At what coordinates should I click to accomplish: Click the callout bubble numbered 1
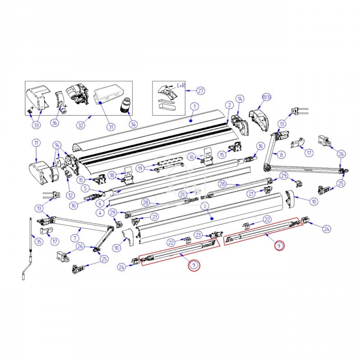(x=194, y=107)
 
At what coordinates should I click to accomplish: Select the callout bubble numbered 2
(x=229, y=105)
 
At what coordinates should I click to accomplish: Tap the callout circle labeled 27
(x=201, y=90)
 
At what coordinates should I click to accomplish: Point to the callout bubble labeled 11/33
(x=267, y=97)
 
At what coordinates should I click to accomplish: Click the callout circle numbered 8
(x=282, y=155)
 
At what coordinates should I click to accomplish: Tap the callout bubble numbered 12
(x=70, y=195)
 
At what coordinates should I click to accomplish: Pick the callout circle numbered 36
(x=55, y=123)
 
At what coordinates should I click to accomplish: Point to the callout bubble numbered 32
(x=81, y=125)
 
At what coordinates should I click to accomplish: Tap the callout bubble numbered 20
(x=182, y=194)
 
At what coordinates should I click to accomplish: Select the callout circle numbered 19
(x=140, y=169)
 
